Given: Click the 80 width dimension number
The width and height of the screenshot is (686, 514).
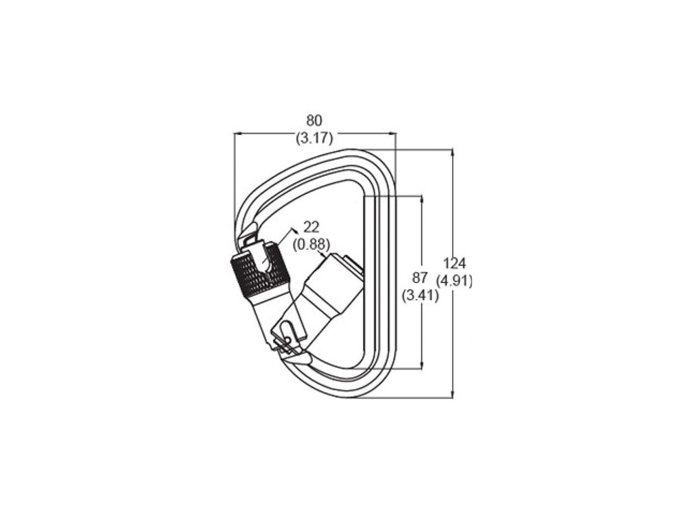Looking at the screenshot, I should (314, 121).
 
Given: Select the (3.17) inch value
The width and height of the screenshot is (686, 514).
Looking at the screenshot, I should (314, 138).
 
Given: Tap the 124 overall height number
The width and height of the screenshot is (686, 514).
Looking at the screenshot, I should (455, 263).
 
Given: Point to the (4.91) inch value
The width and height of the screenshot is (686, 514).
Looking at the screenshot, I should (455, 280).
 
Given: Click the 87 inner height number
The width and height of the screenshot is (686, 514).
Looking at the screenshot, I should (420, 278).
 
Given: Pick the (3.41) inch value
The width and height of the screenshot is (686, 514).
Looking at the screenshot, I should (420, 296).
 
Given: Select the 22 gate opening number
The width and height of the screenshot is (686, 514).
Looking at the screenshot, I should (311, 228).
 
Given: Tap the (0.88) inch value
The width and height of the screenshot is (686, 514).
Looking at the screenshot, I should (311, 244).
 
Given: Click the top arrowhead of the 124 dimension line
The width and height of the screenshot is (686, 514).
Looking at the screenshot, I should (452, 152).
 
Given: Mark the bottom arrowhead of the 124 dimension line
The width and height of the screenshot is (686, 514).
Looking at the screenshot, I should (452, 394).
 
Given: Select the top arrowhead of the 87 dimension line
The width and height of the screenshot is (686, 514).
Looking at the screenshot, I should (421, 199).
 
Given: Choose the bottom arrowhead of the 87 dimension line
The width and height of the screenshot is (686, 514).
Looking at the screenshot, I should (421, 366).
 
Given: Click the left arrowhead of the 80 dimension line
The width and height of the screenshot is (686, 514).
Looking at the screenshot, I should (237, 134).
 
